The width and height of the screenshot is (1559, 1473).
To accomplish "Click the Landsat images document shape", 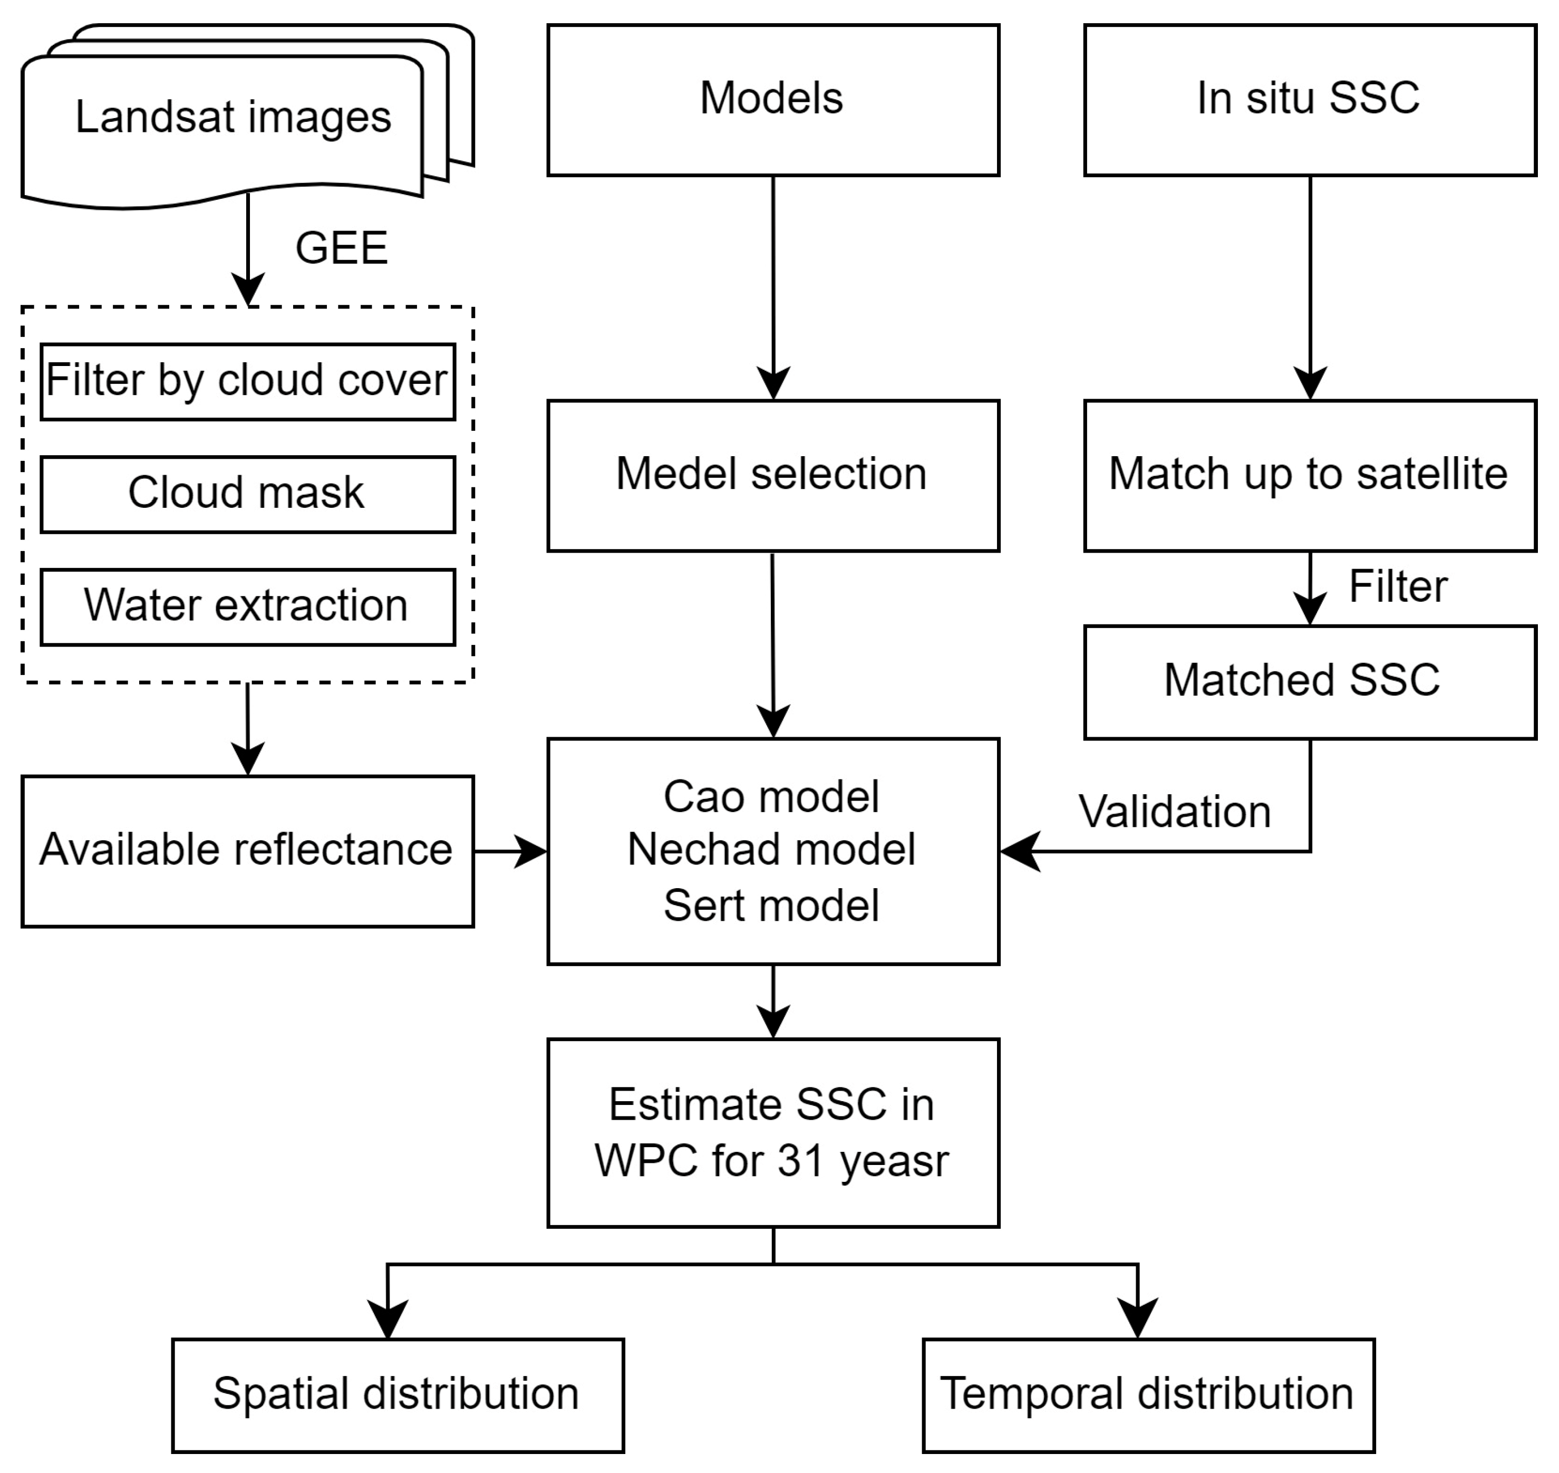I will pos(233,118).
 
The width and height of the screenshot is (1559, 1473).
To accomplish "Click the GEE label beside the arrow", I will pos(342,248).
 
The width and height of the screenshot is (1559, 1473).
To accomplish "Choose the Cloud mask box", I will pos(247,494).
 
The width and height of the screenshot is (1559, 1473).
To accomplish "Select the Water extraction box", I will pos(247,606).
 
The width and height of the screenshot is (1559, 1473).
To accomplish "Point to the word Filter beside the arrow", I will pos(1397,586).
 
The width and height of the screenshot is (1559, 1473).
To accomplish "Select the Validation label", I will pos(1174,812).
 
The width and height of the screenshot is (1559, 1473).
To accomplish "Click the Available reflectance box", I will pos(247,850).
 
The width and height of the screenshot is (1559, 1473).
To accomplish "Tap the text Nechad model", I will pos(772,850).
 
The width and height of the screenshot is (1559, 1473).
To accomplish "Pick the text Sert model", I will pos(772,906).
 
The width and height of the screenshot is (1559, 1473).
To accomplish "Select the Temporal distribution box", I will pos(1148,1394).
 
